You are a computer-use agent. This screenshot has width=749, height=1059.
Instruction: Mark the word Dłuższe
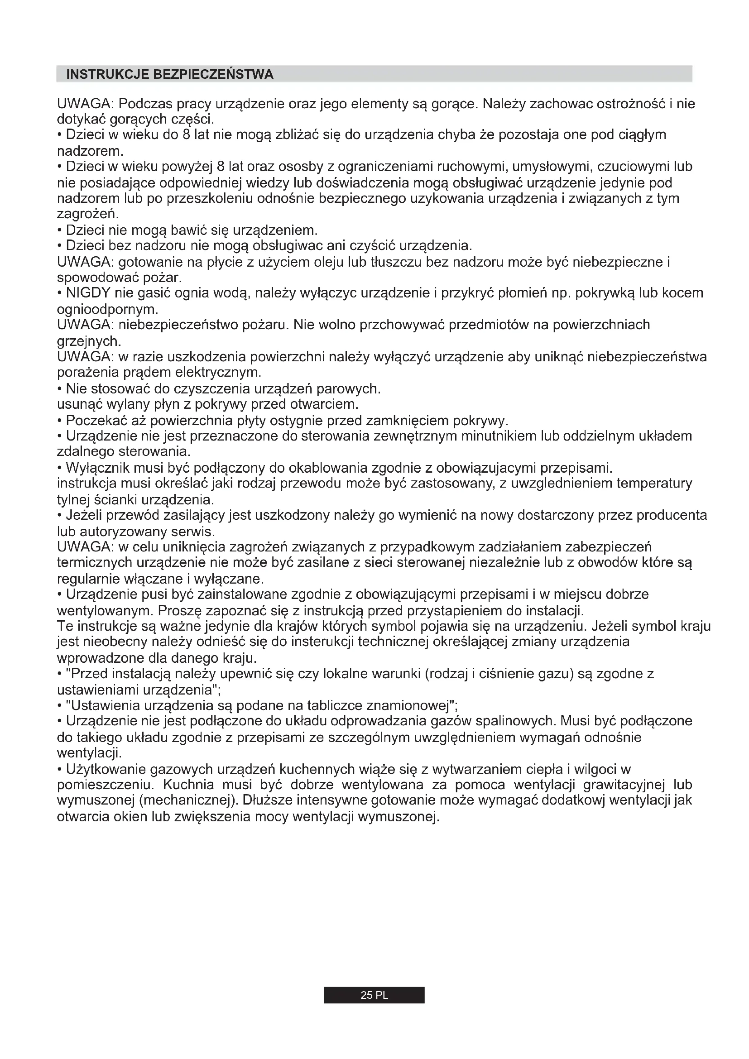click(x=267, y=800)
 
